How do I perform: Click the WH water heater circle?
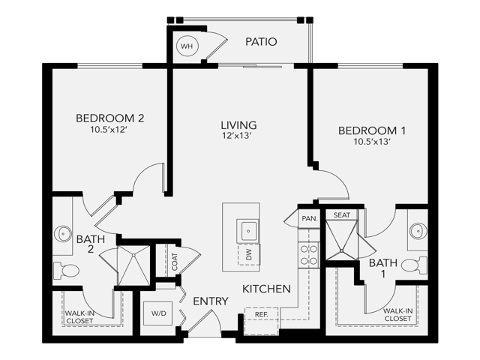pos(185,46)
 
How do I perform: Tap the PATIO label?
pos(261,42)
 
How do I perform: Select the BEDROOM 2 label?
pos(109,118)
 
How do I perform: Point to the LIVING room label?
pos(238,125)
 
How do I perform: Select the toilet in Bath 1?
pos(412,265)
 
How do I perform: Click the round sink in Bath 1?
pos(418,230)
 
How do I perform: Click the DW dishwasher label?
pos(248,255)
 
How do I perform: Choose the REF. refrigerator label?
pos(260,313)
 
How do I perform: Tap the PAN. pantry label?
pos(309,218)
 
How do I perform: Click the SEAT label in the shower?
pos(341,215)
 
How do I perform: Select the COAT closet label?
pos(175,261)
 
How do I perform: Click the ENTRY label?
pos(211,301)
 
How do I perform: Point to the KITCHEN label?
pos(266,288)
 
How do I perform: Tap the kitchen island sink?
pos(247,229)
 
